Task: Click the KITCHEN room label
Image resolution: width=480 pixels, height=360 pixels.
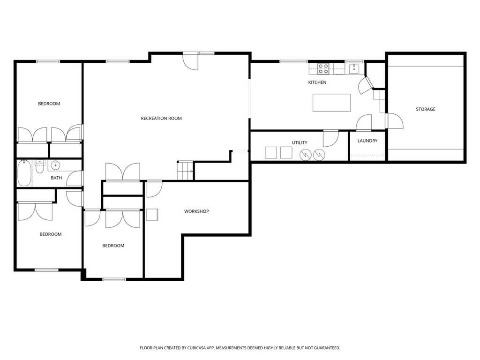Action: point(317,82)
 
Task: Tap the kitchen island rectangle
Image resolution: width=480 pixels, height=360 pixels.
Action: point(331,103)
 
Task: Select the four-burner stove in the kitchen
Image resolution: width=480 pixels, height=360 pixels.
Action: point(323,69)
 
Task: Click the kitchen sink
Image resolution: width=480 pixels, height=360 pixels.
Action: point(353,68)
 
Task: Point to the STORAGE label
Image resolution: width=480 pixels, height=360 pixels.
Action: point(426,109)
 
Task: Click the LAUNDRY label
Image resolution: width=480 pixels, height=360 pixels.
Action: point(367,141)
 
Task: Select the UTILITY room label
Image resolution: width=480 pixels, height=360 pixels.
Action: point(300,142)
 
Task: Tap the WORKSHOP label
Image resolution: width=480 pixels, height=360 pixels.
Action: point(196,211)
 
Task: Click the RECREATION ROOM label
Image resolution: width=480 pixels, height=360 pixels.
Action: point(161,119)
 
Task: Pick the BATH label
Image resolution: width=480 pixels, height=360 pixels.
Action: point(56,178)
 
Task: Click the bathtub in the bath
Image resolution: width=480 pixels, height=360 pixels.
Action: point(24,173)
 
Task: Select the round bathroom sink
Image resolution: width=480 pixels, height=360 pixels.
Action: point(55,165)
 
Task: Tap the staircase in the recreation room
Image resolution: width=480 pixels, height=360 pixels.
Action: point(185,170)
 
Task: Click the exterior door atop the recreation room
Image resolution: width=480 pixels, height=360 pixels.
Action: point(191,61)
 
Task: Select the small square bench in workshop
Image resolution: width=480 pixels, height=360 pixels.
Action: point(152,215)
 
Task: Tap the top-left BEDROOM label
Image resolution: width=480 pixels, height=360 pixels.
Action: point(49,104)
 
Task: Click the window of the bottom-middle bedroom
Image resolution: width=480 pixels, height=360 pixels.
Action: point(114,279)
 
